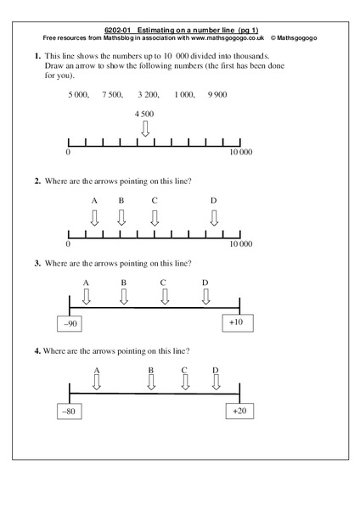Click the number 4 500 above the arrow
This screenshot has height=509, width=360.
click(x=144, y=114)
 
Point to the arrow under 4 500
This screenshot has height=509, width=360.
click(x=145, y=129)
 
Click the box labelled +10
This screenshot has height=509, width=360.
click(x=236, y=322)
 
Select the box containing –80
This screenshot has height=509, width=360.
click(x=67, y=411)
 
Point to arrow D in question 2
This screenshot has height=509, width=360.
click(x=213, y=218)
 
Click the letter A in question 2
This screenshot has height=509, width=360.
click(x=94, y=201)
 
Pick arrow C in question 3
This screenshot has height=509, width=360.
click(x=164, y=297)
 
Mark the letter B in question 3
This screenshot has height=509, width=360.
click(x=123, y=282)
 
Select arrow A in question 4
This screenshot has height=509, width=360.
click(x=97, y=383)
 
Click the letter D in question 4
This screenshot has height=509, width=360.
click(x=216, y=370)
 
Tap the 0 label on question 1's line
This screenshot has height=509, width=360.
click(x=67, y=154)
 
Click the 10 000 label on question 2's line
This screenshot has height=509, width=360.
click(x=242, y=243)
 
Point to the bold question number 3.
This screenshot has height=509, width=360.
click(x=37, y=263)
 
